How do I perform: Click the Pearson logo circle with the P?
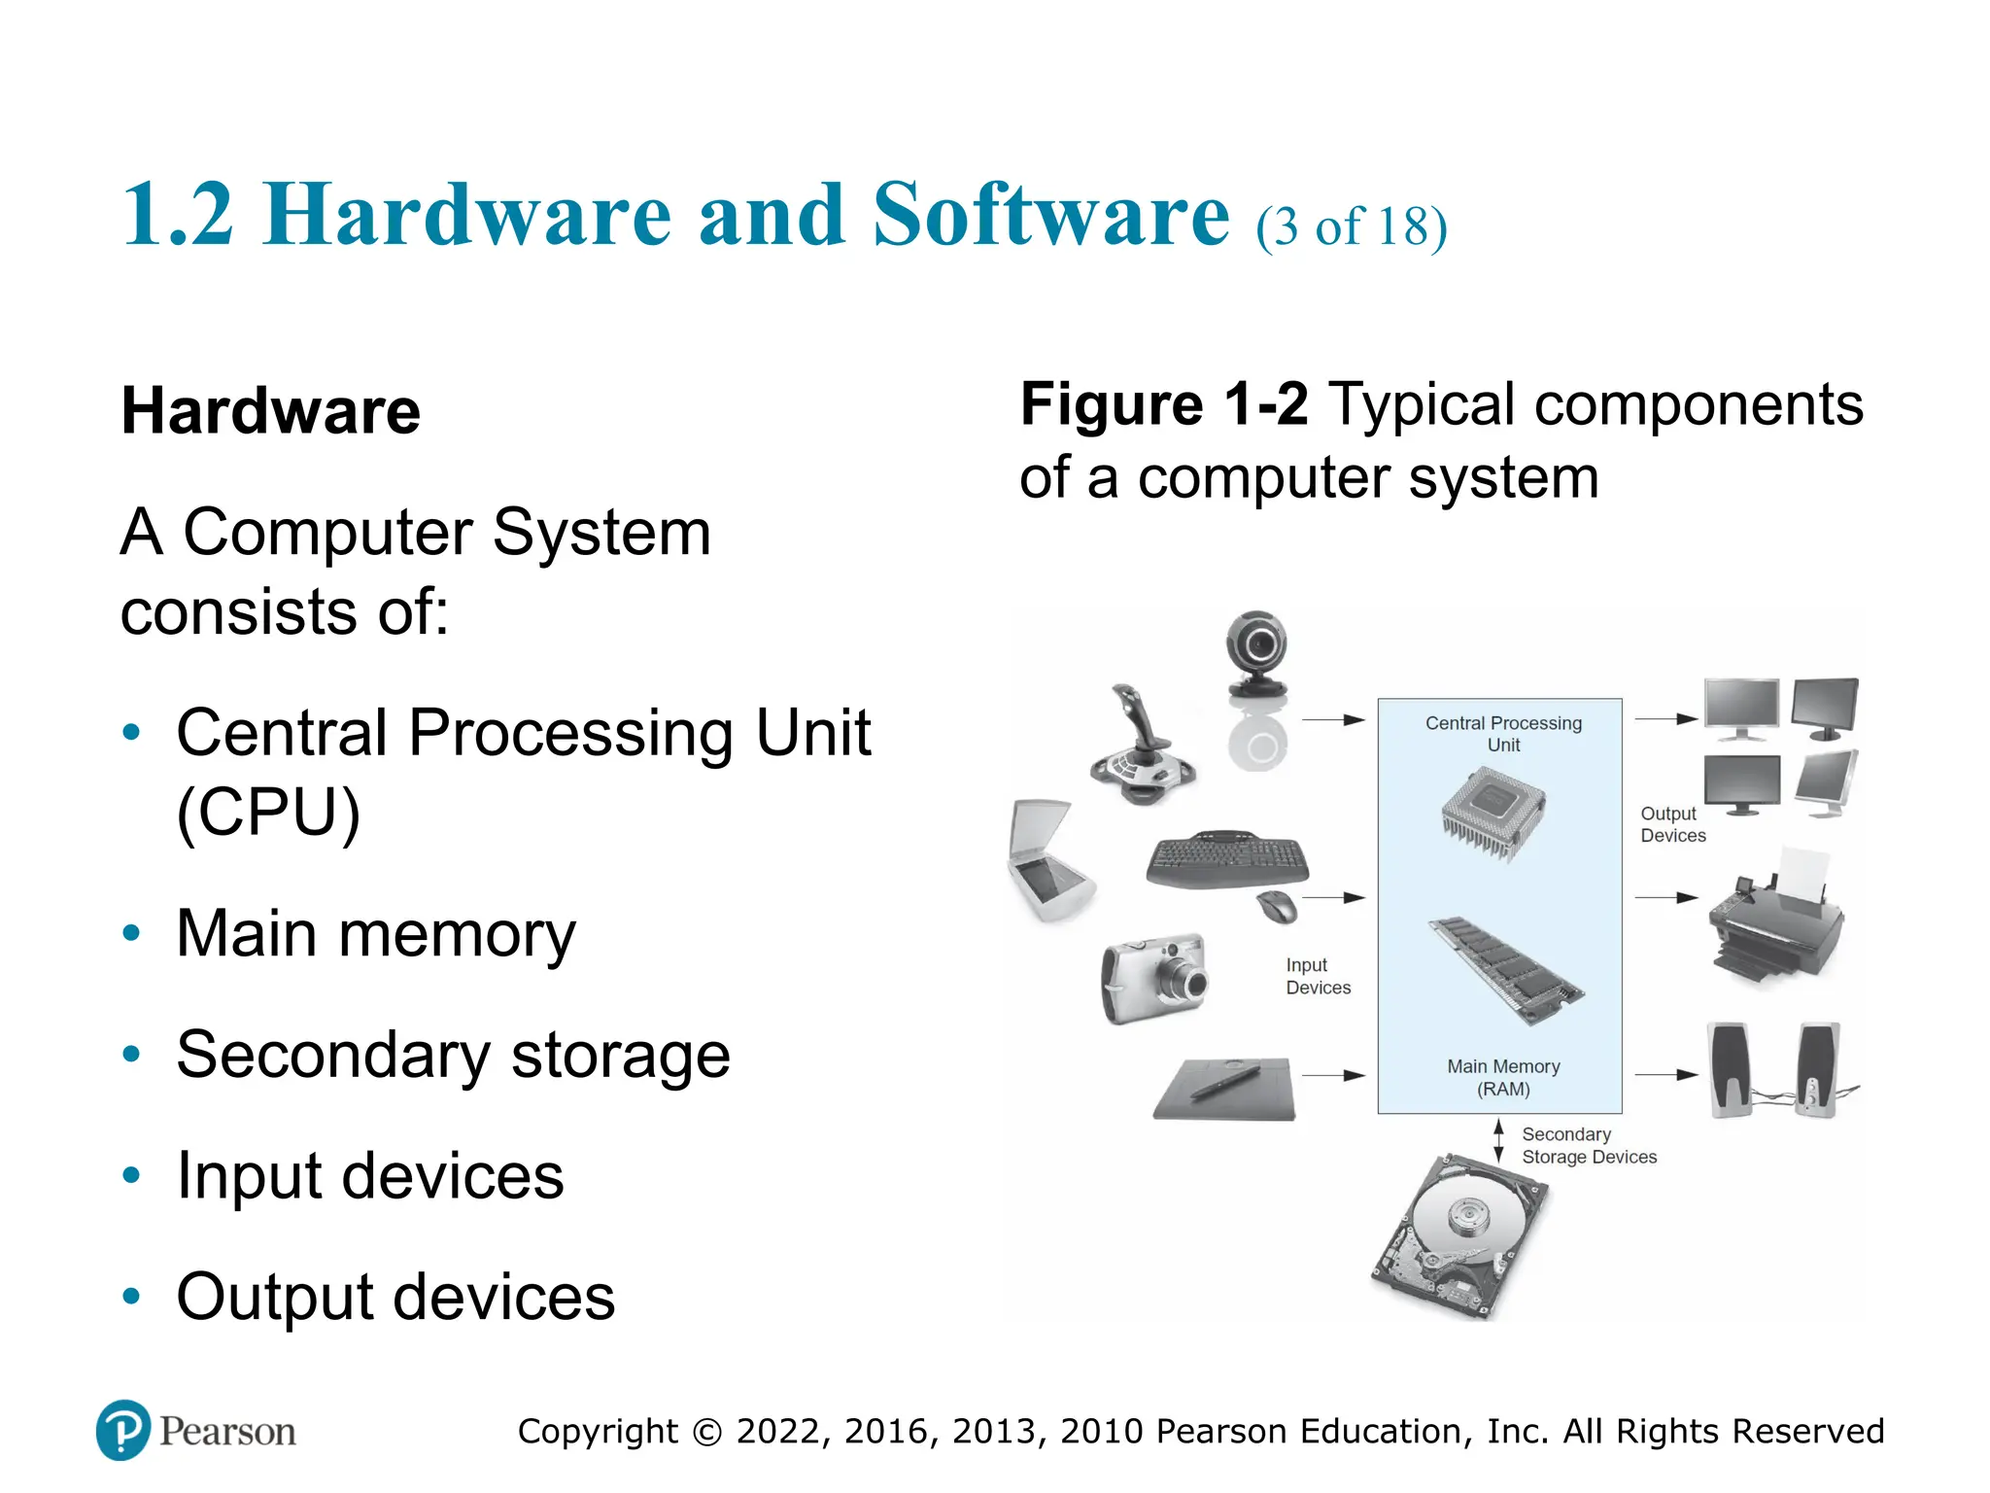tap(123, 1430)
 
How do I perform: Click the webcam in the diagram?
tap(1257, 653)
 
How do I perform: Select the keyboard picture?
tap(1226, 859)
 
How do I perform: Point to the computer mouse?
tap(1279, 906)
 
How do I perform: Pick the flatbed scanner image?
tap(1047, 861)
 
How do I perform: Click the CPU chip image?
tap(1492, 813)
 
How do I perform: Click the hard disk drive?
tap(1458, 1236)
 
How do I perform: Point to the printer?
tap(1774, 920)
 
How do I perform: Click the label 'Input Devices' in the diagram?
tap(1318, 976)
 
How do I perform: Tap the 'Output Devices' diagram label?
tap(1672, 824)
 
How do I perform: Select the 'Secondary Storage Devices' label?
tap(1588, 1146)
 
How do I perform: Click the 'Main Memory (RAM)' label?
tap(1503, 1078)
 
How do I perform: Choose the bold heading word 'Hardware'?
tap(270, 410)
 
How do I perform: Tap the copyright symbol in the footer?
tap(708, 1432)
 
